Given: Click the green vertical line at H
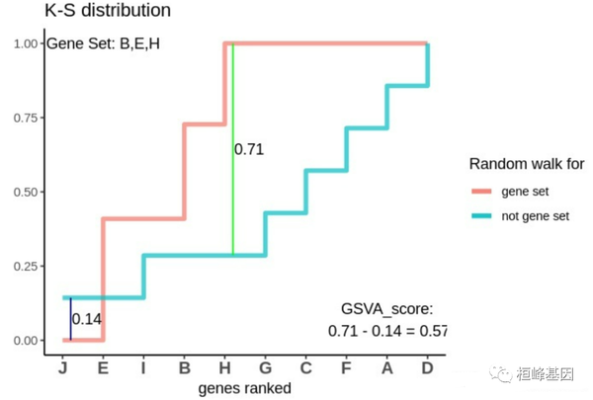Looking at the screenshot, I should (232, 198).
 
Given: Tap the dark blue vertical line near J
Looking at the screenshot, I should (70, 318).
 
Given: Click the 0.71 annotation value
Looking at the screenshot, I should (250, 150).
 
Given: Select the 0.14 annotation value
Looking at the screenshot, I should (88, 319).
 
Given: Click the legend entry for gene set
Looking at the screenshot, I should (525, 192).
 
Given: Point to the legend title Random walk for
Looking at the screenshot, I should (526, 163).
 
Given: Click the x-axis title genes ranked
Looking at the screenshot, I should (244, 388).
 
